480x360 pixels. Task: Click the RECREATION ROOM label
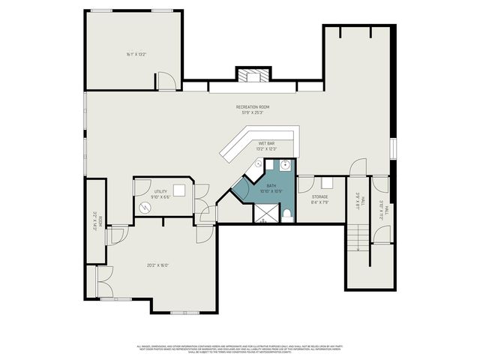click(x=253, y=107)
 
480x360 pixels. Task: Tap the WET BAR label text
click(x=265, y=143)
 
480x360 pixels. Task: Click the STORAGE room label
click(x=320, y=197)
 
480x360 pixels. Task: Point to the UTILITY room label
click(x=160, y=192)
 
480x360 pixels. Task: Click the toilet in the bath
click(x=287, y=215)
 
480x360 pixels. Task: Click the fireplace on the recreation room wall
click(x=252, y=75)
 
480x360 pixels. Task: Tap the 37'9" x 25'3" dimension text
click(x=253, y=113)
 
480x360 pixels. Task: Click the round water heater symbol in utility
click(x=145, y=207)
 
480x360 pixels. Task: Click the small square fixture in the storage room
click(x=327, y=182)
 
